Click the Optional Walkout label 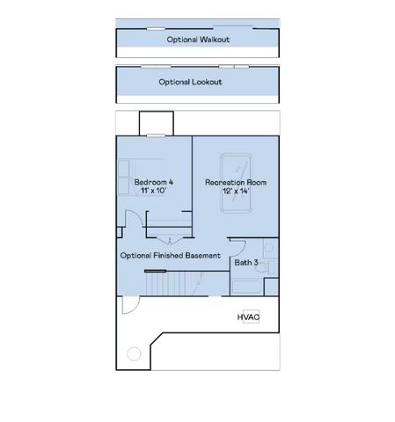coord(198,40)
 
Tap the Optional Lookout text coord(190,82)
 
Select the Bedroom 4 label coord(153,182)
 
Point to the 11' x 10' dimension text coord(153,191)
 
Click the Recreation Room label coord(236,182)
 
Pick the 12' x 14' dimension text coord(236,191)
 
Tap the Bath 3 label coord(245,262)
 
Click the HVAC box coord(248,316)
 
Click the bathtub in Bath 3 coord(247,285)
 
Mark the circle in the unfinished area coord(135,353)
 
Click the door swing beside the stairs coord(129,304)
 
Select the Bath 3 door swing coord(235,246)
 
